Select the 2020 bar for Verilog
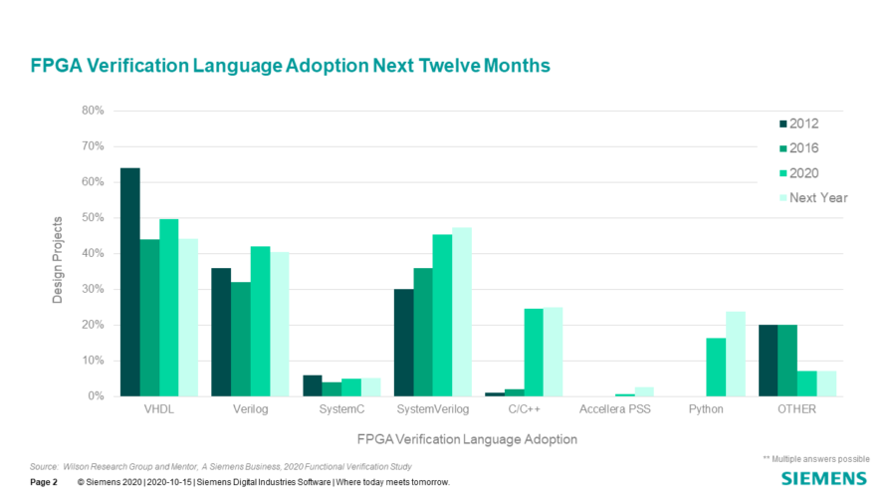tap(260, 321)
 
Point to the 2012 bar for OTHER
tap(768, 361)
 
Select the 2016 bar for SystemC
tap(332, 388)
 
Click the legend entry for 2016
tap(811, 148)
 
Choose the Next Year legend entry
tap(811, 197)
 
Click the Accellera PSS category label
tap(614, 410)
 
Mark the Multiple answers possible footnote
tap(816, 458)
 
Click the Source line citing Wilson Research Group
tap(221, 466)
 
